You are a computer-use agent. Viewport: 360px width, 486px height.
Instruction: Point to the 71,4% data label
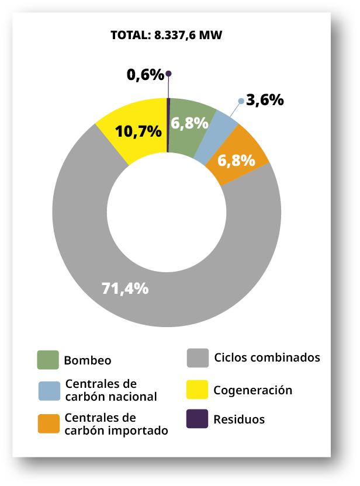(125, 288)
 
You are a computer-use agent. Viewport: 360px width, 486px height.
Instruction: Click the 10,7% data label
(139, 131)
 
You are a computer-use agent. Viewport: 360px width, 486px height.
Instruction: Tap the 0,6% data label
(145, 75)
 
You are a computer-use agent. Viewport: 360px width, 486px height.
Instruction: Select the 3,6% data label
(265, 100)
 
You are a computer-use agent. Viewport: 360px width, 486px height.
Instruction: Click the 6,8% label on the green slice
(189, 123)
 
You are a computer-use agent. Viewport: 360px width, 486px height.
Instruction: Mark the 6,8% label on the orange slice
(236, 160)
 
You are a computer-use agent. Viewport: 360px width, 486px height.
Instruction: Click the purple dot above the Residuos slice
(168, 74)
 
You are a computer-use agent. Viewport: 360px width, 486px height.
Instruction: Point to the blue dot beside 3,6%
(241, 101)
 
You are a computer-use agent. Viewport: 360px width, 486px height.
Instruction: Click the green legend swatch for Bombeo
(48, 360)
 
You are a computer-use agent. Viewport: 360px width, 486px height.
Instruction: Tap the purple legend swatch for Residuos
(197, 419)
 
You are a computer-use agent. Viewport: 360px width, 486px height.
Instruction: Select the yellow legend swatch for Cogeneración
(197, 390)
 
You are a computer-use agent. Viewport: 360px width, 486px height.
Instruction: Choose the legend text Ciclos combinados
(267, 357)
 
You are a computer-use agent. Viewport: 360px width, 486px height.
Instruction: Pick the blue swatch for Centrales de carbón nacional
(49, 391)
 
